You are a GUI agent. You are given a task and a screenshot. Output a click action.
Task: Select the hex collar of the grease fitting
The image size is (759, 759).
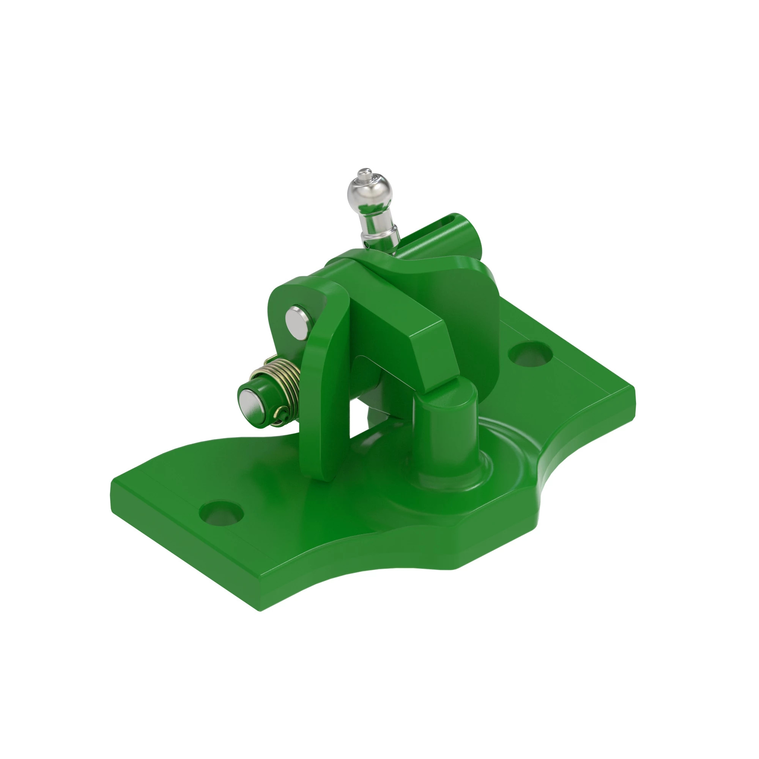pyautogui.click(x=379, y=238)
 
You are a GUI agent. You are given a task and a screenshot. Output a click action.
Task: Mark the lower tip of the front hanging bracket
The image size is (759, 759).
pyautogui.click(x=322, y=477)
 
